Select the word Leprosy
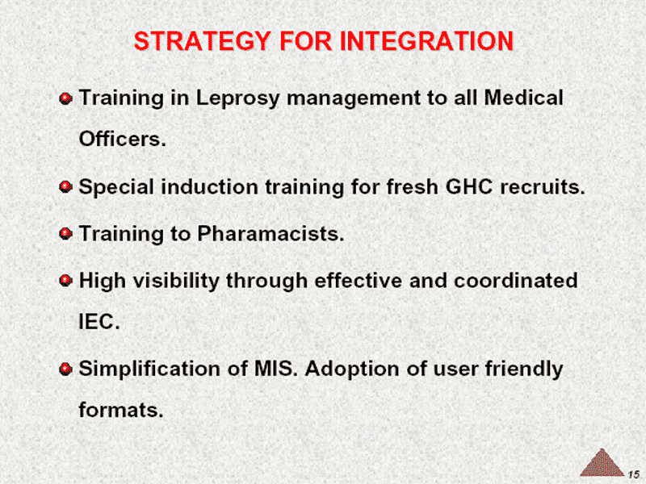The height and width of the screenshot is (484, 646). pos(237,98)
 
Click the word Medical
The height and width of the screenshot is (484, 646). pos(523,98)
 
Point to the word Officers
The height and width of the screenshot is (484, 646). pos(123,139)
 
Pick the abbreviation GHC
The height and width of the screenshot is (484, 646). pos(469,187)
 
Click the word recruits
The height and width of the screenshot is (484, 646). pos(543,187)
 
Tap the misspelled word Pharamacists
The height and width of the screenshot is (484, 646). pos(271,234)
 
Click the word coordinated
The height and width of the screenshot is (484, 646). pos(515,281)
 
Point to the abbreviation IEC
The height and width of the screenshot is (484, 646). pos(99,321)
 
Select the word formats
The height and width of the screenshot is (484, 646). pos(121,410)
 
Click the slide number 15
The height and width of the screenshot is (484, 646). pos(634,474)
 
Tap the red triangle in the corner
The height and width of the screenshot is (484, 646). pos(602,463)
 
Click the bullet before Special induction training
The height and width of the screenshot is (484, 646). pos(65,187)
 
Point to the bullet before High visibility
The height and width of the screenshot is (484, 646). pos(65,281)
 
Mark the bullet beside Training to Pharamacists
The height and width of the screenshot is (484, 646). pos(65,234)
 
